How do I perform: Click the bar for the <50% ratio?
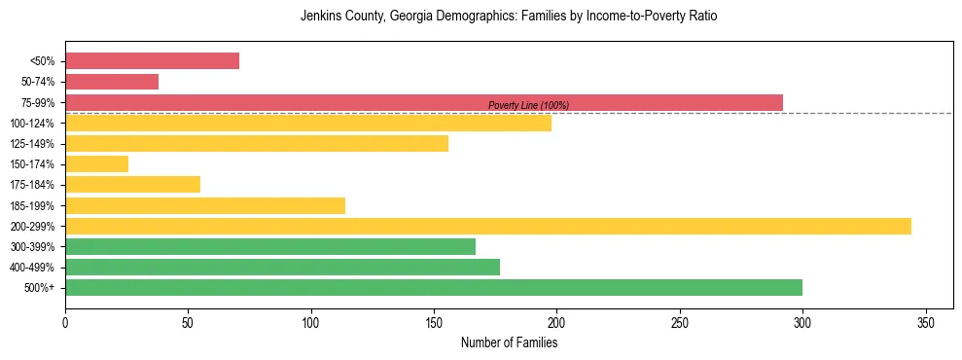coord(152,61)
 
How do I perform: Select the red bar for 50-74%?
coord(112,82)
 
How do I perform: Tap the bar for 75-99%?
coord(424,102)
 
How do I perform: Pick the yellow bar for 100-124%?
coord(308,123)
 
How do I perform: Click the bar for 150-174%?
coord(96,164)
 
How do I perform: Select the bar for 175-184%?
coord(132,185)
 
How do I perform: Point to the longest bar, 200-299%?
coord(488,226)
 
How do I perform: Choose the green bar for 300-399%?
coord(270,246)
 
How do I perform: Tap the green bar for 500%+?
coord(434,287)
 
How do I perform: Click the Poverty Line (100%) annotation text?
coord(528,105)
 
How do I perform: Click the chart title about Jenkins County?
coord(509,17)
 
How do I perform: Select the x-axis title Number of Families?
coord(509,343)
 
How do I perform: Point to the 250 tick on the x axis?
coord(680,322)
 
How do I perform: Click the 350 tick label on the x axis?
coord(926,322)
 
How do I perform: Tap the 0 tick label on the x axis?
coord(65,322)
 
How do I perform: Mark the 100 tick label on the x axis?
coord(311,322)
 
